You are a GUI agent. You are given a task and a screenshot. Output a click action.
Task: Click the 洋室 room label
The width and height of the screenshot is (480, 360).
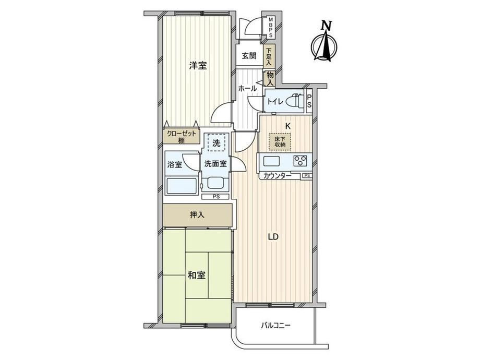click(198, 66)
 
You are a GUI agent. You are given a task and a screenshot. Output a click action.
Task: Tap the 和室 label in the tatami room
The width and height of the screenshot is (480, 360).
click(197, 275)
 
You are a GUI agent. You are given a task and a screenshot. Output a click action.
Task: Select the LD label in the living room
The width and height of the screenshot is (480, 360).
click(273, 237)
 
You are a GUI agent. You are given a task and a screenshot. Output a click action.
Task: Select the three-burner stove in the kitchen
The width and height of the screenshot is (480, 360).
click(301, 161)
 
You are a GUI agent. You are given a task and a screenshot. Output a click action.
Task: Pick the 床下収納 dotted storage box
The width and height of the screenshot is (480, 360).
click(280, 142)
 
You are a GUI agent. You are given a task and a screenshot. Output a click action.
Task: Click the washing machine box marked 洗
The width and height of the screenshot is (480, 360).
click(217, 142)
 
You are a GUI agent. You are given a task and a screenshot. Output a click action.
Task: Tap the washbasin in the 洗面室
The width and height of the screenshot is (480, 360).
click(217, 183)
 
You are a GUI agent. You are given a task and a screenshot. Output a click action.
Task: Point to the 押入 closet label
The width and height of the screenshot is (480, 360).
click(197, 215)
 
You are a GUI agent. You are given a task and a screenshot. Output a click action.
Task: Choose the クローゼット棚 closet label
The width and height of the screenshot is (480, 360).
click(181, 137)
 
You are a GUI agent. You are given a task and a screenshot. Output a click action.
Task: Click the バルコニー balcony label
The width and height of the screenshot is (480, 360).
click(275, 325)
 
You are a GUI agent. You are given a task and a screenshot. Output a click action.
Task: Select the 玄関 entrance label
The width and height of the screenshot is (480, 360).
click(249, 56)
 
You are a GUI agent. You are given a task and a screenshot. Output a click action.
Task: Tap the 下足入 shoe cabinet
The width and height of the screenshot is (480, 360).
click(269, 56)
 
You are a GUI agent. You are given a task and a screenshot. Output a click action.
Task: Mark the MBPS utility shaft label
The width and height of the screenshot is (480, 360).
click(271, 27)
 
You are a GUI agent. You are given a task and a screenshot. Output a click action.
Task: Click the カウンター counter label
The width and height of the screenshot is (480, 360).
click(278, 176)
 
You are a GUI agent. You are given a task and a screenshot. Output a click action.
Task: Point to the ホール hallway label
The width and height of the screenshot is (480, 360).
click(247, 89)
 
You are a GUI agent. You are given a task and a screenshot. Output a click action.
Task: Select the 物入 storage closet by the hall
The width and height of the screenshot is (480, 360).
click(270, 79)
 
